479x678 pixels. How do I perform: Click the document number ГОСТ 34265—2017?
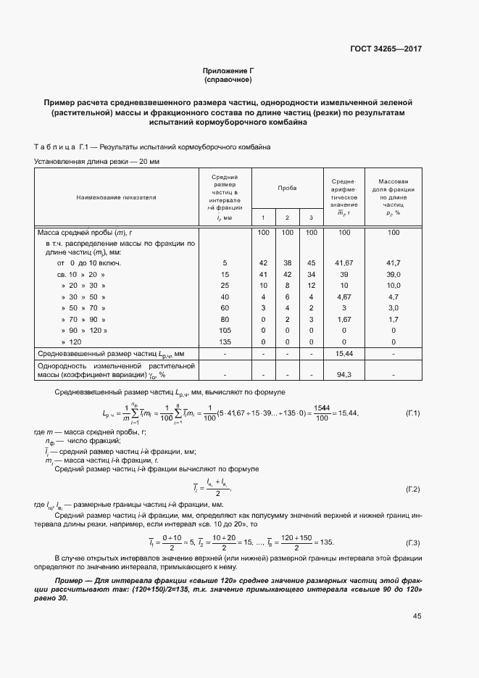tap(387, 49)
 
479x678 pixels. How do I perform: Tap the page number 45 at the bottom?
tap(417, 616)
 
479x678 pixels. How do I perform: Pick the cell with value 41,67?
tap(344, 262)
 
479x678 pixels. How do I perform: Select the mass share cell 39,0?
tap(393, 276)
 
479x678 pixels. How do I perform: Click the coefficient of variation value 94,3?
tap(344, 375)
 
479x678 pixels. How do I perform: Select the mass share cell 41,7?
tap(393, 262)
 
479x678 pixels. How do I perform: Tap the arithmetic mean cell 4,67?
tap(344, 297)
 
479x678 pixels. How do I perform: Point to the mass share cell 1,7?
tap(393, 320)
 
